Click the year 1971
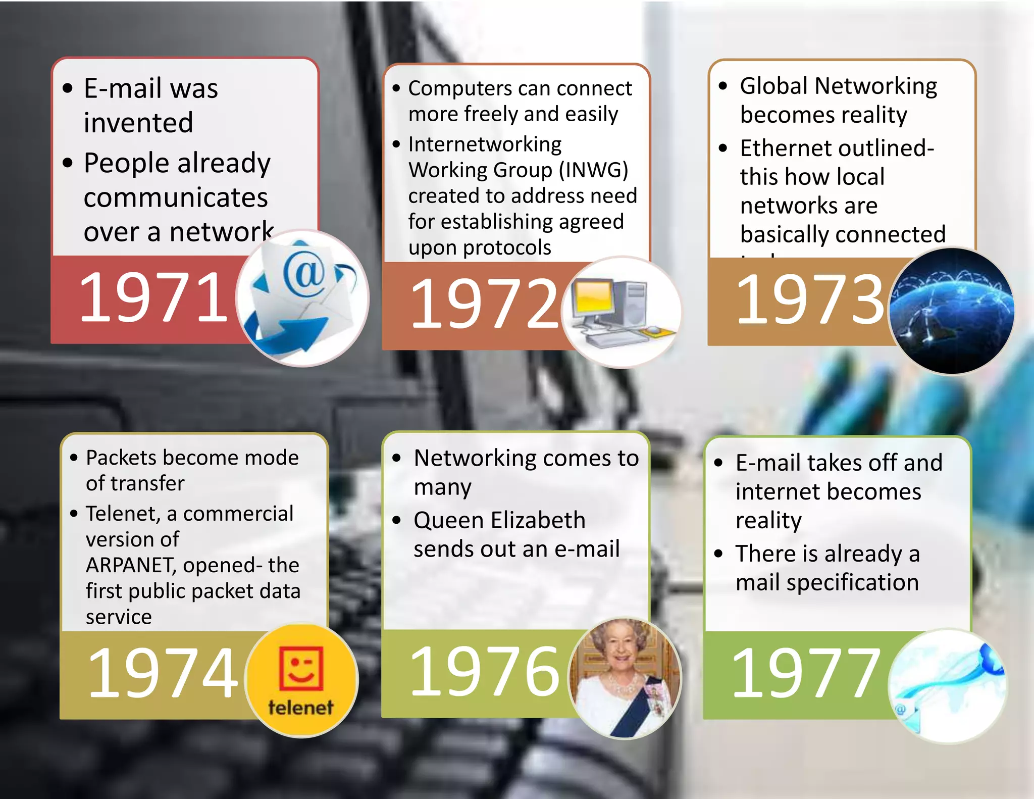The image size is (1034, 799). click(x=153, y=298)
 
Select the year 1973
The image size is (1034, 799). click(x=810, y=300)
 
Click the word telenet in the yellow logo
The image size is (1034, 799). click(x=301, y=707)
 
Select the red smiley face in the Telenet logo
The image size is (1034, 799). click(x=301, y=668)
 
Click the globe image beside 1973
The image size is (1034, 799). click(x=952, y=311)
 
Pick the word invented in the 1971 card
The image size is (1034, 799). click(x=138, y=123)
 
